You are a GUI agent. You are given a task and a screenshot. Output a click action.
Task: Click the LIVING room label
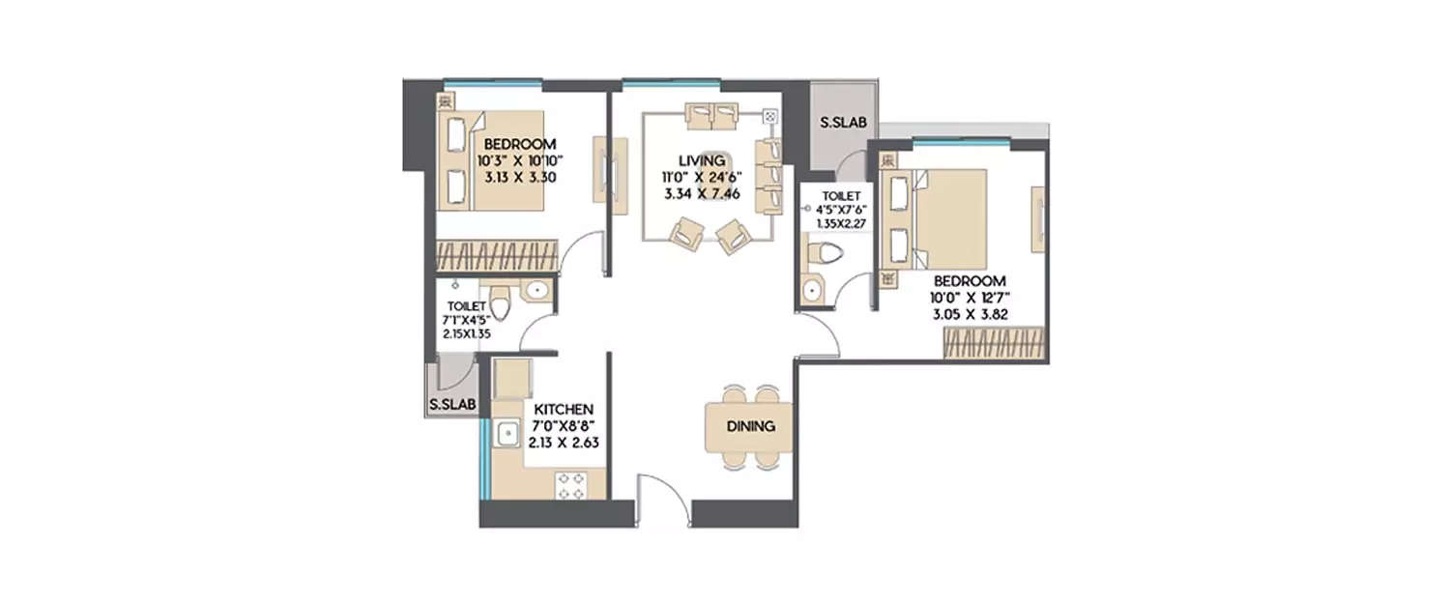coord(701,159)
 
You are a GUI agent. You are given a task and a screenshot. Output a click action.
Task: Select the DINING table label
coord(750,426)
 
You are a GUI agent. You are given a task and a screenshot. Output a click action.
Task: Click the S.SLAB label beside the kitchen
coord(452,404)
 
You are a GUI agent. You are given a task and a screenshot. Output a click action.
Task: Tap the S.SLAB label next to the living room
coord(843,124)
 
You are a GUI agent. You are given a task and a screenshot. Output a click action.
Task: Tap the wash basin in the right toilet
coord(810,290)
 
